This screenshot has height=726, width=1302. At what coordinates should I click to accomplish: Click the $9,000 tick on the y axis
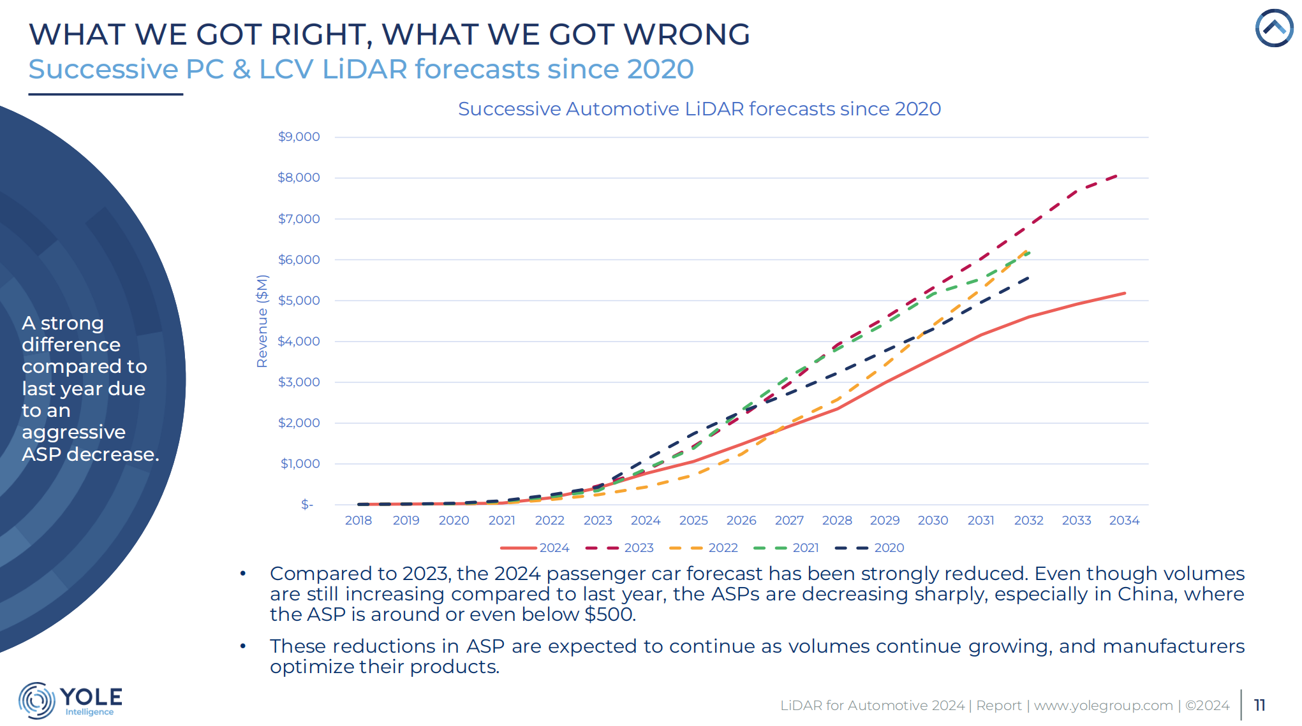click(299, 137)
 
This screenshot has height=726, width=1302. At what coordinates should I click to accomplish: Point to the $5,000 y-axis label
click(299, 300)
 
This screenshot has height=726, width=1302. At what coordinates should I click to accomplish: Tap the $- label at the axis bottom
click(307, 505)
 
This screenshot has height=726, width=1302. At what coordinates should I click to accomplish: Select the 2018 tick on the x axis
click(358, 521)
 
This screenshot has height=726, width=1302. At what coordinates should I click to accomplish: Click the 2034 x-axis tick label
click(1124, 521)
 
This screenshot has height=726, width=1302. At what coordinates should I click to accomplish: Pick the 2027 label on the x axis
click(789, 521)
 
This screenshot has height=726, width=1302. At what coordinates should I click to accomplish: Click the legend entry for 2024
click(536, 548)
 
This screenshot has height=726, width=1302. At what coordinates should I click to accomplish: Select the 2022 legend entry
click(705, 548)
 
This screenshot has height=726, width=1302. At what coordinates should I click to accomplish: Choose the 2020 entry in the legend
click(871, 548)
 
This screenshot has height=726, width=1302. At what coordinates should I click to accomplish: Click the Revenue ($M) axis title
click(262, 321)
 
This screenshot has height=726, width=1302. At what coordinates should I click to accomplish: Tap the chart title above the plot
click(699, 109)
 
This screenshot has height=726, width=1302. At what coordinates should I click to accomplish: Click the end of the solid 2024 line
click(1125, 293)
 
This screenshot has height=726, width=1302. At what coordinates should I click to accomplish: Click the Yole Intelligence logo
click(70, 701)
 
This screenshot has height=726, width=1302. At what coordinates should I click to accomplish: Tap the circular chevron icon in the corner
click(1274, 28)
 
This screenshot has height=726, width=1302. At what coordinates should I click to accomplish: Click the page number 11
click(1259, 705)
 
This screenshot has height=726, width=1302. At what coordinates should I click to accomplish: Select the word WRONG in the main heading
click(686, 34)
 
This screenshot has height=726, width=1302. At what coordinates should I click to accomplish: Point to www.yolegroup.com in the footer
click(1103, 706)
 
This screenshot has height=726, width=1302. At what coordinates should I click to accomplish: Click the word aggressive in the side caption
click(74, 432)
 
